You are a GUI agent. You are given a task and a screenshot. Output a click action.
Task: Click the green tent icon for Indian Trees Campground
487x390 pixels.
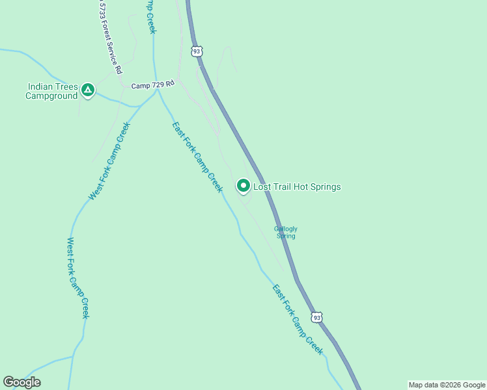88,90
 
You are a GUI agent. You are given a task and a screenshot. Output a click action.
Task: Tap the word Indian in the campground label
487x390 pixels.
43,86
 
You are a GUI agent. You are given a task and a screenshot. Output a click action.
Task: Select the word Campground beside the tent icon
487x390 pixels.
51,96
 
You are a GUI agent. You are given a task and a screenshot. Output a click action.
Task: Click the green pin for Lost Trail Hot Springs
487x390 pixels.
243,186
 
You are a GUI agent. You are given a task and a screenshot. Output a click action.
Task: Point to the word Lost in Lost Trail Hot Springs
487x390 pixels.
262,187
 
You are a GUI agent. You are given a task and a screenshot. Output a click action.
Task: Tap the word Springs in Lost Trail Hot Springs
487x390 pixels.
326,187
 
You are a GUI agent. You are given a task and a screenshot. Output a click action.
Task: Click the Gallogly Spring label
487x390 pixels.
286,232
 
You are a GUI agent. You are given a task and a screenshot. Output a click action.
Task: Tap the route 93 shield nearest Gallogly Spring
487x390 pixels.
316,317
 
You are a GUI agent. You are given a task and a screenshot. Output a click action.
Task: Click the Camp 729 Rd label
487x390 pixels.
153,84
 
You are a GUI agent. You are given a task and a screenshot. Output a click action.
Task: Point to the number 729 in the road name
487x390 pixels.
156,84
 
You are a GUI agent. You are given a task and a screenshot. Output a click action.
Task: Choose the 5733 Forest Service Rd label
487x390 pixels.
111,37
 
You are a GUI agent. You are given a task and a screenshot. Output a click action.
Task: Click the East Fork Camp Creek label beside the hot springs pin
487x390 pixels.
197,157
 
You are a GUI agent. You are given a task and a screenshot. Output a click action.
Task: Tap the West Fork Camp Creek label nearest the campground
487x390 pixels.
109,161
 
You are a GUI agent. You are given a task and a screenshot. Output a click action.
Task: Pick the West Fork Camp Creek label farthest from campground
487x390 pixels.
77,278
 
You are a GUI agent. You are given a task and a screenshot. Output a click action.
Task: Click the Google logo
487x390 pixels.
22,382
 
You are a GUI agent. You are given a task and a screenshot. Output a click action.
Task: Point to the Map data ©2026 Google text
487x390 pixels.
447,385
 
